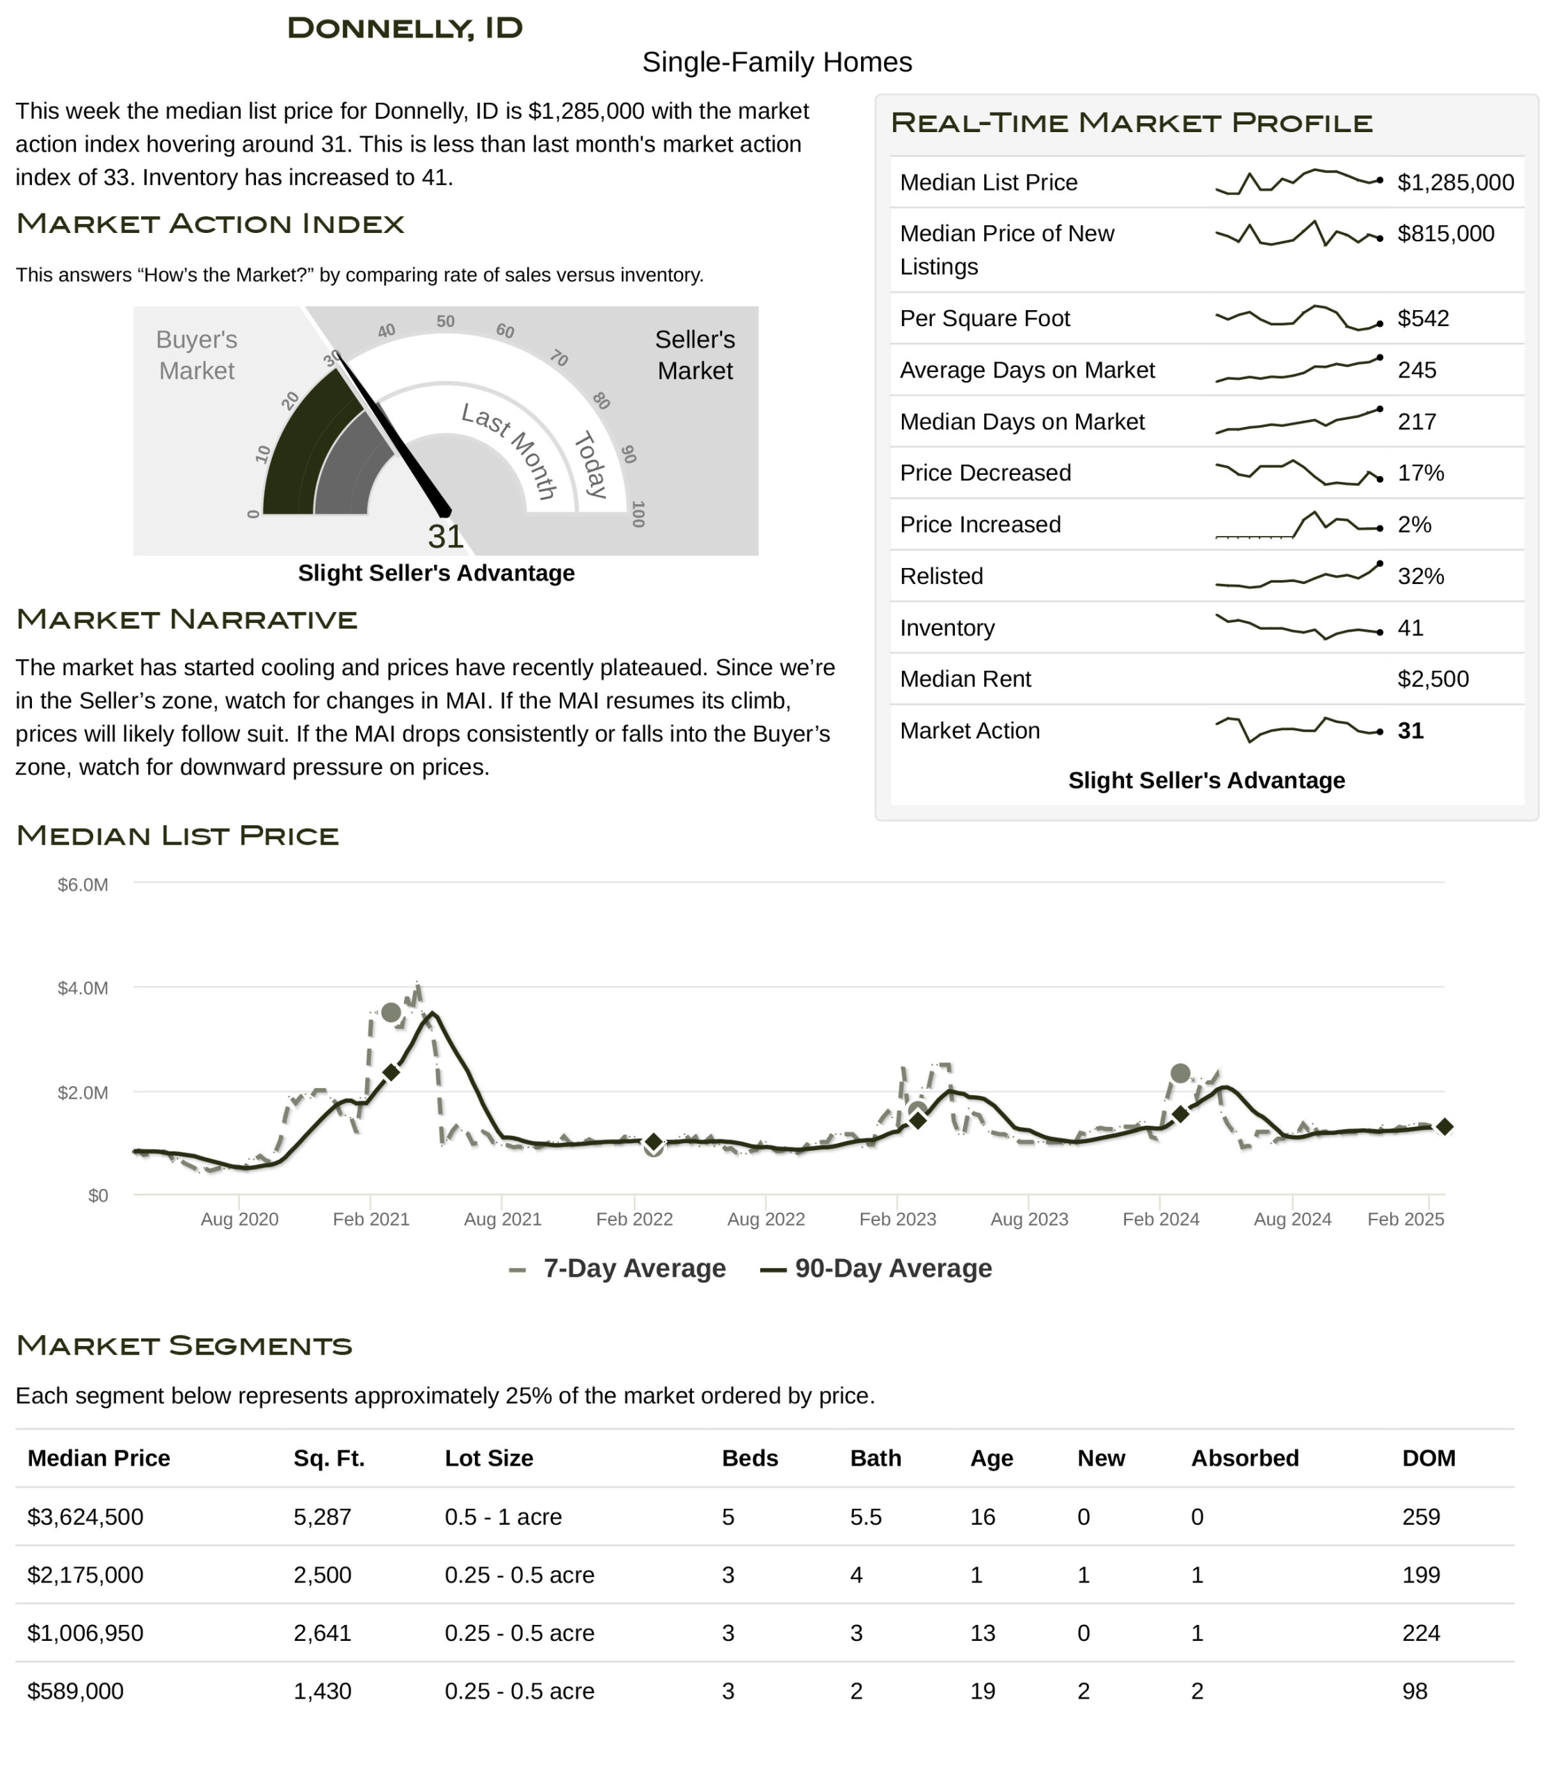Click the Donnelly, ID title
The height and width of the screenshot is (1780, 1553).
405,28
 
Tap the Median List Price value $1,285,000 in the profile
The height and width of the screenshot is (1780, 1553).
1455,182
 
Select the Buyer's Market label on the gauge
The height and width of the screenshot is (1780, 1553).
197,355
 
